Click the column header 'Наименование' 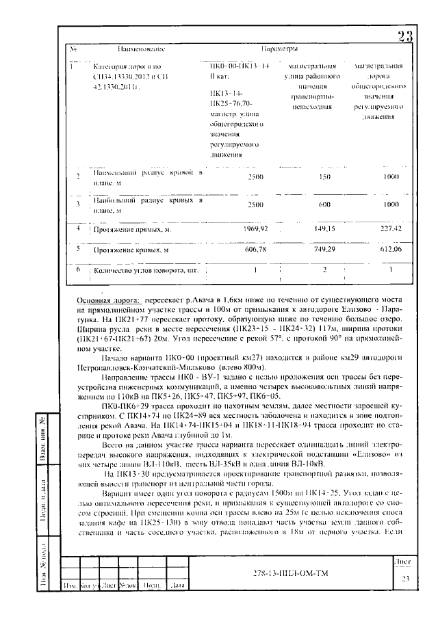click(142, 50)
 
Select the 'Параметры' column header click(279, 50)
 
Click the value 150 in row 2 click(316, 176)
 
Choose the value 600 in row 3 click(316, 204)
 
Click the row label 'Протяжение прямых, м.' click(132, 230)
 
